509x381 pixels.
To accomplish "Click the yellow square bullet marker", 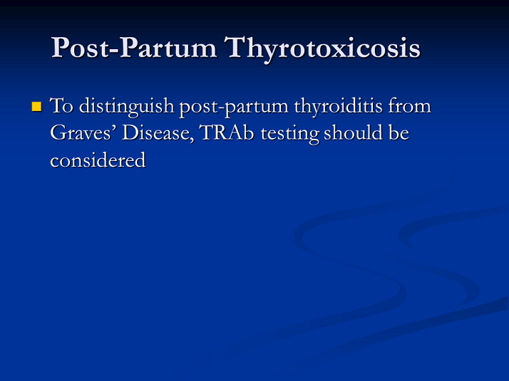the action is [36, 107].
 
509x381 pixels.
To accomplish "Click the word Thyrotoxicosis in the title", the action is [322, 48].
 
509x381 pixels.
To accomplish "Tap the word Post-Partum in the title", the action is [134, 48].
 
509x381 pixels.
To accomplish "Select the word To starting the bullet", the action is [62, 105].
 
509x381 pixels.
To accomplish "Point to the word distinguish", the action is [127, 107].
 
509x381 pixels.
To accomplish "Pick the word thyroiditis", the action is [338, 106].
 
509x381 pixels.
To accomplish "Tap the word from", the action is [410, 105].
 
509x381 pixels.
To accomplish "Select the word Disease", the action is [156, 133].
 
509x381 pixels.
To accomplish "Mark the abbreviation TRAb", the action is [227, 132].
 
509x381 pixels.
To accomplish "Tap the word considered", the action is [98, 160].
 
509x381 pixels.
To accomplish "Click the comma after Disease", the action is [192, 138].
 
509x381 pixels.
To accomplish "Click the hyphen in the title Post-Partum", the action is [115, 51].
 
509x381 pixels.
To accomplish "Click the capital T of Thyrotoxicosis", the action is [237, 47].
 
